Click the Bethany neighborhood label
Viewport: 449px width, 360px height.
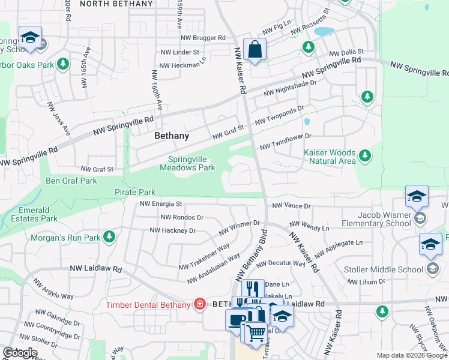(x=172, y=136)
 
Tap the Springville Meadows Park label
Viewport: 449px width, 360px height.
(x=187, y=164)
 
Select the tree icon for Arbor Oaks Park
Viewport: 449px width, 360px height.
(x=63, y=64)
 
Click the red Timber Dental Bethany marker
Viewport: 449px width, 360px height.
(x=199, y=304)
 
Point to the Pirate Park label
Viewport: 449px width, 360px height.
(x=135, y=192)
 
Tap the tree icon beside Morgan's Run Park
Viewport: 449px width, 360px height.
(x=109, y=238)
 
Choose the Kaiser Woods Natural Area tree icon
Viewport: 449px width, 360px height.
(x=364, y=157)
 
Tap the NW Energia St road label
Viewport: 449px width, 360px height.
(x=161, y=204)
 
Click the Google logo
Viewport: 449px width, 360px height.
(x=20, y=353)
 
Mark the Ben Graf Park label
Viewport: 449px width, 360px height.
(x=71, y=181)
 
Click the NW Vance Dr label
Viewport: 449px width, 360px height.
(x=291, y=206)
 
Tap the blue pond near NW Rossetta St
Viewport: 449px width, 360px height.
(x=324, y=31)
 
